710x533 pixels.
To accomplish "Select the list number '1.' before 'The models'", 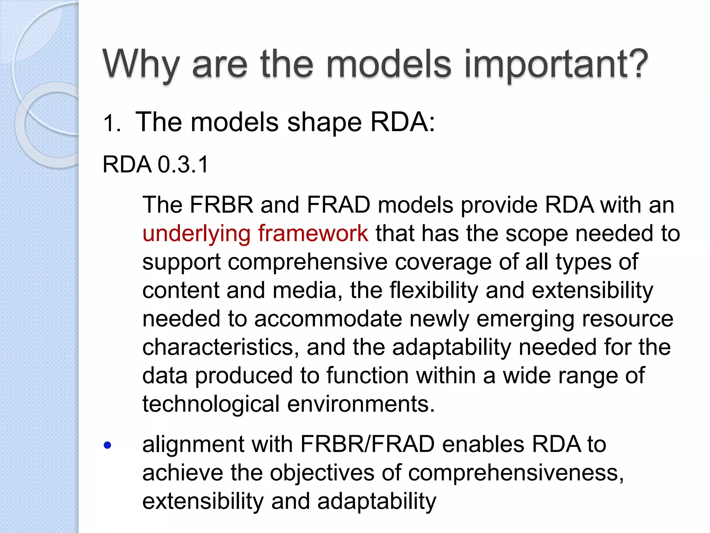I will [112, 124].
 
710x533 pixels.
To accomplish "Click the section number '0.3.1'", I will [183, 164].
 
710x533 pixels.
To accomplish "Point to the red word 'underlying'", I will [196, 234].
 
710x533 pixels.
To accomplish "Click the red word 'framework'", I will [313, 233].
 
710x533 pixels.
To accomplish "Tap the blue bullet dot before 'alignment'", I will [107, 445].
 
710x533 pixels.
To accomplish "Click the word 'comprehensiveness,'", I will [516, 473].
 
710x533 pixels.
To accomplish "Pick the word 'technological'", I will [211, 404].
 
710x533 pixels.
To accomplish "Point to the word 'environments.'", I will [361, 404].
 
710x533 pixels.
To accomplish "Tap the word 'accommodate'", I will [328, 319].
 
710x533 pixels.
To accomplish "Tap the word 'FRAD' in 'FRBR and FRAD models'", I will [338, 205].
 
